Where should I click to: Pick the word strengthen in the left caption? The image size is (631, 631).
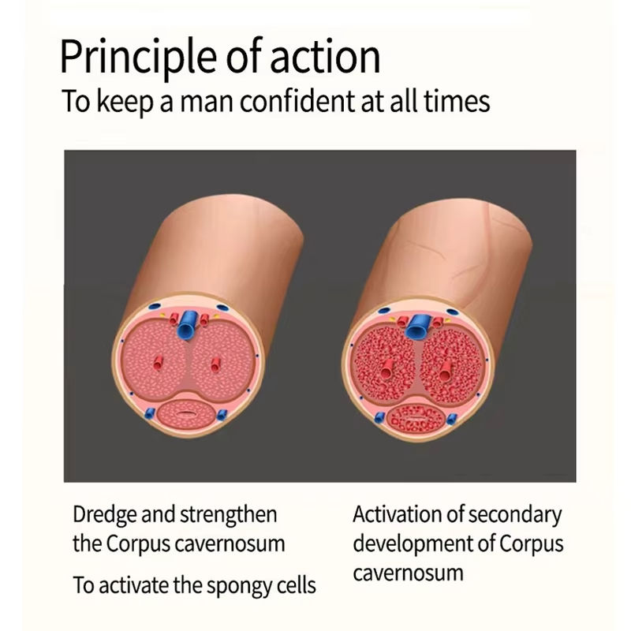click(230, 516)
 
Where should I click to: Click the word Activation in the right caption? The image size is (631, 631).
click(392, 515)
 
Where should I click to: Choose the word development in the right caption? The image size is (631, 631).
click(416, 544)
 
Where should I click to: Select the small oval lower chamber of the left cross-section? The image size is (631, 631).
click(188, 412)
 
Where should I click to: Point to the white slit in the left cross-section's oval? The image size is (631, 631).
click(188, 412)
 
